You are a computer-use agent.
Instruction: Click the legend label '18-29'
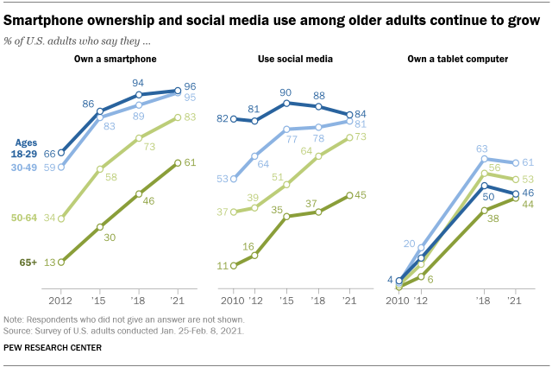[x=26, y=153]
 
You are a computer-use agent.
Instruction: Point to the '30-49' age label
[x=26, y=166]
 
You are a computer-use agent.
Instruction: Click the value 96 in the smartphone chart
[x=191, y=85]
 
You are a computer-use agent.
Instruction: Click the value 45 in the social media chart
[x=363, y=195]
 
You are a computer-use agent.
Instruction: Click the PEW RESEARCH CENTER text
[x=53, y=349]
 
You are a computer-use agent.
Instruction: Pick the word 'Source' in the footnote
[x=19, y=329]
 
